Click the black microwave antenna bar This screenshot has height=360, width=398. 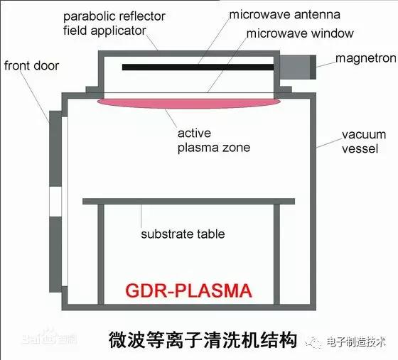[x=198, y=67]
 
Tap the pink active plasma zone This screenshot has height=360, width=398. [x=189, y=103]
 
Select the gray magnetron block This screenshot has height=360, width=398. [x=298, y=67]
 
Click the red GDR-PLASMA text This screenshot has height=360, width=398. [x=188, y=290]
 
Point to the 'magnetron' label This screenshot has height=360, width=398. [x=366, y=58]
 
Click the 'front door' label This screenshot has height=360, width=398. [x=32, y=65]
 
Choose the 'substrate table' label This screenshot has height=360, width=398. [x=183, y=234]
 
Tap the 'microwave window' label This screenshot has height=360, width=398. [x=300, y=33]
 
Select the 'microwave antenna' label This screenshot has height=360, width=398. [x=285, y=14]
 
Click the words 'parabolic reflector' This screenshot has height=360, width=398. [x=114, y=17]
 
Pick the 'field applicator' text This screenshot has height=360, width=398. [x=104, y=31]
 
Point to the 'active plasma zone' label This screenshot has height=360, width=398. [x=214, y=141]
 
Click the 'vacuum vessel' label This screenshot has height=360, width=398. [x=364, y=142]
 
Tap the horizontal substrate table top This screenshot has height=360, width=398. [x=189, y=202]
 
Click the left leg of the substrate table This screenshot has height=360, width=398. [x=101, y=254]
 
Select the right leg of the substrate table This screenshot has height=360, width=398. [x=276, y=254]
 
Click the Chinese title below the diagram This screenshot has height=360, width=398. [x=203, y=339]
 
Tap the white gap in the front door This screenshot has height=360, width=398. [x=55, y=202]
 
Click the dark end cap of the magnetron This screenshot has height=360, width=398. [x=313, y=67]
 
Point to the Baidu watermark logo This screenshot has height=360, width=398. [x=50, y=338]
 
